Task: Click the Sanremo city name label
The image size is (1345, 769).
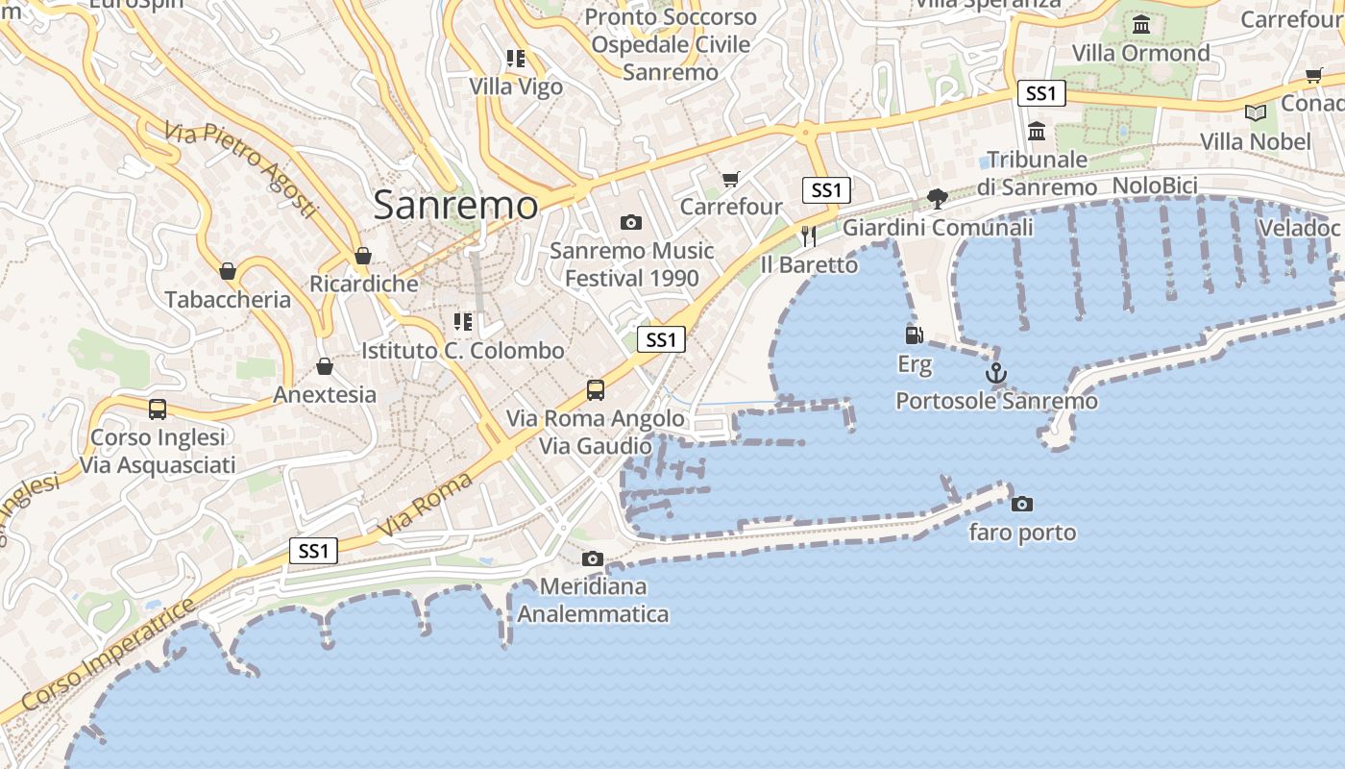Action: point(455,205)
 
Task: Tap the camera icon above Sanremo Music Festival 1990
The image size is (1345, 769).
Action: point(630,223)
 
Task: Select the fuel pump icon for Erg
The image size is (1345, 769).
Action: point(915,335)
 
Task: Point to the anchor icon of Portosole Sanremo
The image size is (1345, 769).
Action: point(996,373)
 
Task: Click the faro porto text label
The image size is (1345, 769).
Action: point(1022,533)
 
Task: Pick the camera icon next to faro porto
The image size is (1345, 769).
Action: point(1022,504)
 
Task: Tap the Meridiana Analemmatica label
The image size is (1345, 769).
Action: point(593,600)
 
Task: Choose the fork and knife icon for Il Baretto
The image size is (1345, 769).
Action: point(808,236)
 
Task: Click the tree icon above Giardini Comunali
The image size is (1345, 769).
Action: point(937,199)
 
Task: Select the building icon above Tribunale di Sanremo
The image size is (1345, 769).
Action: point(1037,131)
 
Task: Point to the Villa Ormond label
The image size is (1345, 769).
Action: point(1140,53)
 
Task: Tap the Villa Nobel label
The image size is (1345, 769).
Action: point(1255,142)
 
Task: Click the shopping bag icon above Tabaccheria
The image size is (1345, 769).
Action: point(228,271)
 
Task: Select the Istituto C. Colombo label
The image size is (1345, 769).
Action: point(462,351)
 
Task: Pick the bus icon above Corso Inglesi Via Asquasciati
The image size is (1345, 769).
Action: point(158,409)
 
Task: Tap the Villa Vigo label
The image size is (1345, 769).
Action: point(516,87)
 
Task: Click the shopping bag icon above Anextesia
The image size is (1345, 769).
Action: point(325,366)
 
